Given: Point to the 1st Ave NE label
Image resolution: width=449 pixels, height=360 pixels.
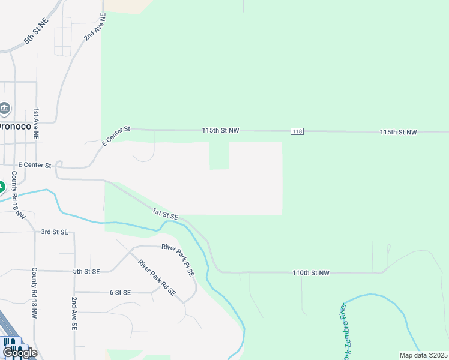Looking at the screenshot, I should click(x=36, y=124).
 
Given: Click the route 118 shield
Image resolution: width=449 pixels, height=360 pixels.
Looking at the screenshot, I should click(x=297, y=131).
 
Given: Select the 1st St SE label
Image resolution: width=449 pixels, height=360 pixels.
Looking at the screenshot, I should click(x=165, y=213).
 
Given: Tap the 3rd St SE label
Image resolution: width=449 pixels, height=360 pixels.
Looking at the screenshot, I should click(x=55, y=232).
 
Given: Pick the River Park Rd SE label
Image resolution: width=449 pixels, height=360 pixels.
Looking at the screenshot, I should click(x=156, y=277).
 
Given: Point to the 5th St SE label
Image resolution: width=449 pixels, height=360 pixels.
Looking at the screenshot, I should click(x=87, y=271).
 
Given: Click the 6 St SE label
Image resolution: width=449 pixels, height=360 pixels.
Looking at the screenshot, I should click(x=120, y=292).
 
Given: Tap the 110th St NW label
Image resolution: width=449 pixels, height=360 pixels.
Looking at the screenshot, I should click(x=311, y=272).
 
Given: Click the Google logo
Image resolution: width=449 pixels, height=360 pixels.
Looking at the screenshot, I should click(x=20, y=353).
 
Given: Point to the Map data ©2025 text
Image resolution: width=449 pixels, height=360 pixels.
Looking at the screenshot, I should click(x=424, y=355).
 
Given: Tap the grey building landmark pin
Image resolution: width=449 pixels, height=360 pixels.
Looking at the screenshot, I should click(x=5, y=109).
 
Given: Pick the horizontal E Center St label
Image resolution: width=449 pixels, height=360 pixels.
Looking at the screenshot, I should click(x=34, y=164).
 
